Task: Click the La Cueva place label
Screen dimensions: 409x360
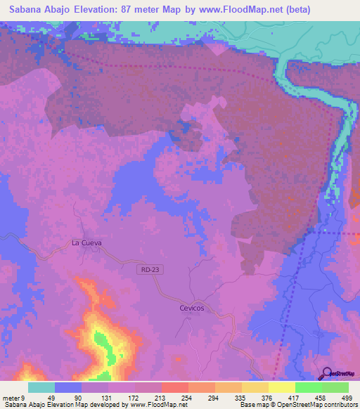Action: click(x=86, y=242)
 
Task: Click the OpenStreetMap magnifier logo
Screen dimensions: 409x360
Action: click(x=327, y=373)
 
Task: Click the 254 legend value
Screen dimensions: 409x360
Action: click(x=175, y=397)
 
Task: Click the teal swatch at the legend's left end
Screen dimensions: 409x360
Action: click(x=41, y=387)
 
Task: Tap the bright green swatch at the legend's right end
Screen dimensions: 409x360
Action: click(x=335, y=387)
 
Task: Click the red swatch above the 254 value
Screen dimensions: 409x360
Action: click(x=175, y=387)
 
